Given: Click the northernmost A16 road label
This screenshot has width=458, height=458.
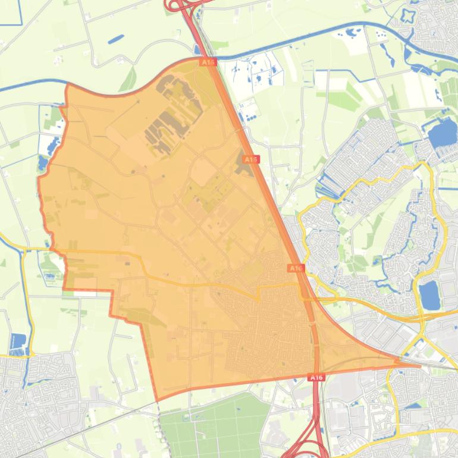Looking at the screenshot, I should (x=208, y=62).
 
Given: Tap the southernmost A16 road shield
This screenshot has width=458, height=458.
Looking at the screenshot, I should (x=316, y=377).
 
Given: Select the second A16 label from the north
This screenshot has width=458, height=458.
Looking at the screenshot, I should (x=251, y=159).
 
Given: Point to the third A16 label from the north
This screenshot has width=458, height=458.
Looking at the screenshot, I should (x=296, y=268).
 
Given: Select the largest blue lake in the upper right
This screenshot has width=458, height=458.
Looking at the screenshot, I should (x=443, y=134).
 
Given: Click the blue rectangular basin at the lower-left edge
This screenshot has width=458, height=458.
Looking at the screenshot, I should (x=18, y=342).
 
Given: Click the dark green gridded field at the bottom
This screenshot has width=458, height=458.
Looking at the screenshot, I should (x=214, y=425).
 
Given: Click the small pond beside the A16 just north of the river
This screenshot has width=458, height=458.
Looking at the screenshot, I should (x=197, y=50).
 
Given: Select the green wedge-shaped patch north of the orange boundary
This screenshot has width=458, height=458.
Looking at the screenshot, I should (x=128, y=80).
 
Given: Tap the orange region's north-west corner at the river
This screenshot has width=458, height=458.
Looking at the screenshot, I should (x=67, y=86).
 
